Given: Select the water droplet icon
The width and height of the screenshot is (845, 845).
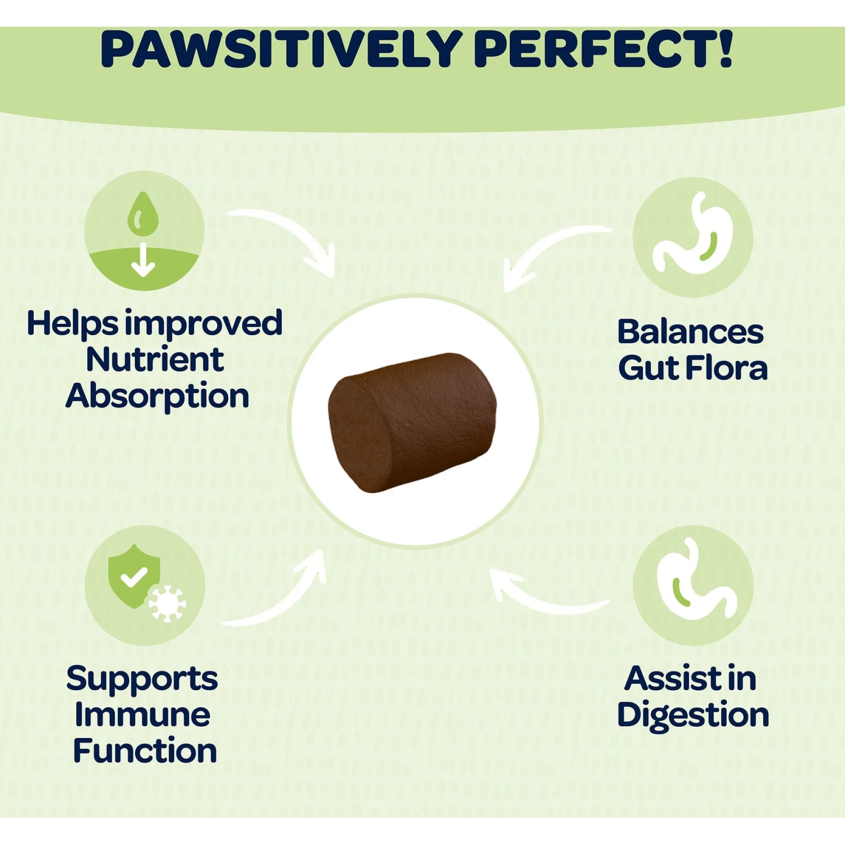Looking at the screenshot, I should (x=143, y=214).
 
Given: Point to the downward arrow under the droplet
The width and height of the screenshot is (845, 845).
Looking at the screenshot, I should (x=143, y=260).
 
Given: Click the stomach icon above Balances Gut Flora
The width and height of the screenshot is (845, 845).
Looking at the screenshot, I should (x=693, y=237).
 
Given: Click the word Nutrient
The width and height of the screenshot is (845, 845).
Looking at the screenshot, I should (x=155, y=359).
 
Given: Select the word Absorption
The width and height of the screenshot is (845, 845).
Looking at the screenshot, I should (x=157, y=397).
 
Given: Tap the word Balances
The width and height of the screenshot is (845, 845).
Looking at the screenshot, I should (x=691, y=332).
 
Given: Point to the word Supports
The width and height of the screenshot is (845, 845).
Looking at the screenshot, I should (x=142, y=679).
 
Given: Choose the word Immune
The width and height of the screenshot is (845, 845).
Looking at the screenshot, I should (x=143, y=715).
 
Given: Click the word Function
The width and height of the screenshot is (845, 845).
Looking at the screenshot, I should (x=145, y=751).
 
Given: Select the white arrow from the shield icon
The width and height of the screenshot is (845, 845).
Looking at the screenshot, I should (x=282, y=597).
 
